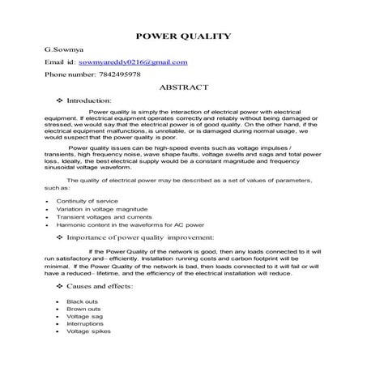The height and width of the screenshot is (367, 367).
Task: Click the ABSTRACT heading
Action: pos(185,87)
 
